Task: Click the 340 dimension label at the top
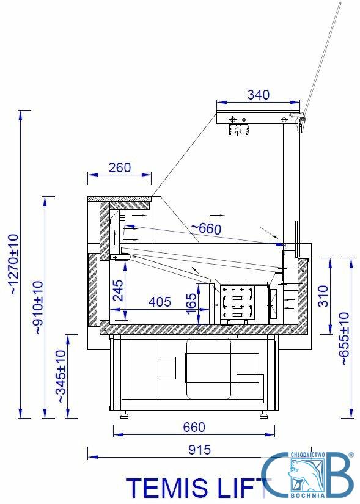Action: point(259,95)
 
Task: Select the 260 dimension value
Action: point(120,168)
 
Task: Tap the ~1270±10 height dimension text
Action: point(14,264)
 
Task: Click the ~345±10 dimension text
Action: point(61,376)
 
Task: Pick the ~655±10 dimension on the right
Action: point(344,338)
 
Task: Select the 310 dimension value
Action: point(323,296)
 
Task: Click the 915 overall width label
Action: point(199,450)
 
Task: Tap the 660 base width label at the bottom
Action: point(194,427)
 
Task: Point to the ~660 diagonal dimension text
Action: point(206,228)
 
